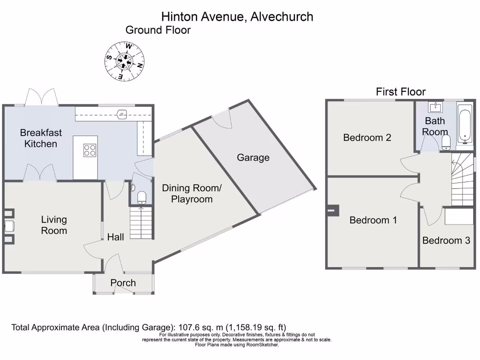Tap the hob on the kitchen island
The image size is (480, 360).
click(x=90, y=150)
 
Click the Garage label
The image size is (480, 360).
click(x=253, y=157)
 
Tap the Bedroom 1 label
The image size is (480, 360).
click(x=373, y=220)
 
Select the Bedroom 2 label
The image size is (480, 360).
click(x=367, y=137)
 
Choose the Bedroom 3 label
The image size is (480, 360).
click(x=446, y=240)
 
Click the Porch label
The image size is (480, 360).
click(x=123, y=283)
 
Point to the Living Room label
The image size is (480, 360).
click(x=54, y=225)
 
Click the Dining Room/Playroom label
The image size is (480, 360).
click(x=192, y=194)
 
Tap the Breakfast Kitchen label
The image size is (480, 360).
click(x=41, y=138)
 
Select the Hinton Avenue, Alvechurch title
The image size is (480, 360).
click(x=237, y=16)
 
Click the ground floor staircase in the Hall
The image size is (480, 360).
click(x=142, y=223)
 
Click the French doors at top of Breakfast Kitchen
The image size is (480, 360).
click(x=41, y=97)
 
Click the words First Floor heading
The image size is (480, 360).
click(x=401, y=92)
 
